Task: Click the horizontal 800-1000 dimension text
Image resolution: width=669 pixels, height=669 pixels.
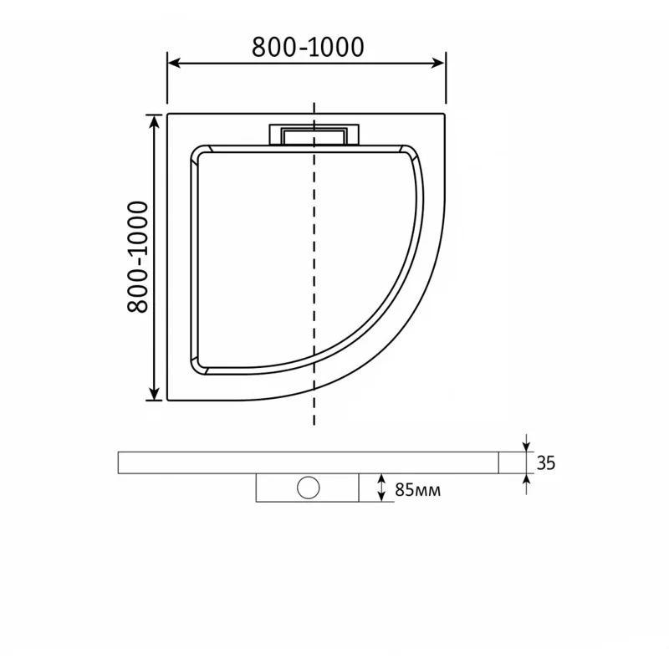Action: click(x=308, y=48)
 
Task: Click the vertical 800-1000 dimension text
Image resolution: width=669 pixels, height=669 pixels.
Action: click(x=137, y=258)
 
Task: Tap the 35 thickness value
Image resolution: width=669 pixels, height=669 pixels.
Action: click(x=546, y=462)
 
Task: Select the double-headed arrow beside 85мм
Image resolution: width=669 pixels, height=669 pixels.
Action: click(x=380, y=488)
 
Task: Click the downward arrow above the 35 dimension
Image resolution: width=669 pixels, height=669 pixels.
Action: click(x=526, y=443)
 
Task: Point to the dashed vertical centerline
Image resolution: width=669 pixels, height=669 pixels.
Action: click(x=314, y=268)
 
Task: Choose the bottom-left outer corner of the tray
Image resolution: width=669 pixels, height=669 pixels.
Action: click(x=168, y=401)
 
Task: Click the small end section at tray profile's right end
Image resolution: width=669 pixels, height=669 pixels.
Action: click(x=511, y=462)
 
